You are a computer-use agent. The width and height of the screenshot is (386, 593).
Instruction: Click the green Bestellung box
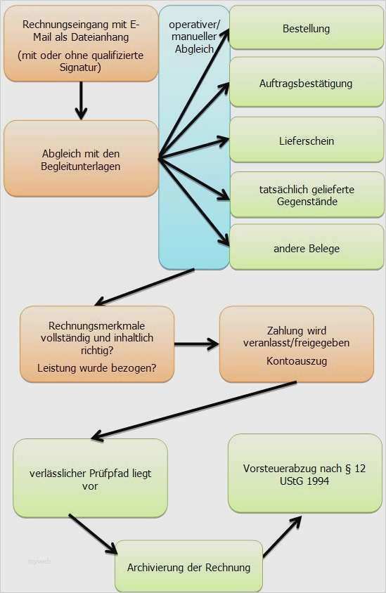307,27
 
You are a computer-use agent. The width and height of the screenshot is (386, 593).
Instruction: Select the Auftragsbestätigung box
307,82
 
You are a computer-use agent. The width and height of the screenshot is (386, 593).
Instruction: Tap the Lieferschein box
307,140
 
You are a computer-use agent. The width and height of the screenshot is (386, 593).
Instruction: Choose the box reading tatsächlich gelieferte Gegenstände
307,195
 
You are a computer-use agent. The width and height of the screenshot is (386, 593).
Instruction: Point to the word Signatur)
80,67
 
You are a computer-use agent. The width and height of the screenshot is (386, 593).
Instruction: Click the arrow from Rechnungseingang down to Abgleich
81,100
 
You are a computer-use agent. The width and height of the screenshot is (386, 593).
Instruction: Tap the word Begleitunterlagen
81,167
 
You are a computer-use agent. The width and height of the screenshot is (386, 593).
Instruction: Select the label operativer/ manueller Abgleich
194,37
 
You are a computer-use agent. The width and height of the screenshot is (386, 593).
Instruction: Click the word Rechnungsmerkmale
97,325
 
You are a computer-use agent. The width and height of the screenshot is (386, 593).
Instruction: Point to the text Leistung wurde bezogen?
97,368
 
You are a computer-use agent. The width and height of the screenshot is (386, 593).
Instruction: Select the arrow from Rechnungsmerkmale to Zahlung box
196,344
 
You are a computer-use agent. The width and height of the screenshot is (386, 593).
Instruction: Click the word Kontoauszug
297,361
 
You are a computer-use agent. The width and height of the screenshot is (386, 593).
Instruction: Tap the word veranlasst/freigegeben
296,343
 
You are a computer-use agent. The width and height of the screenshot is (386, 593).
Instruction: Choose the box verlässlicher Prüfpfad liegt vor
90,478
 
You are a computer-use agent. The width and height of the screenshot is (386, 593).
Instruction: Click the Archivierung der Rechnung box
189,567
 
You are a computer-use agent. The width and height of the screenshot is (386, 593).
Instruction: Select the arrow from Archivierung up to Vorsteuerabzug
283,536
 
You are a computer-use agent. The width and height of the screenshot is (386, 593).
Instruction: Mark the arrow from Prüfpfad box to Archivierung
93,534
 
